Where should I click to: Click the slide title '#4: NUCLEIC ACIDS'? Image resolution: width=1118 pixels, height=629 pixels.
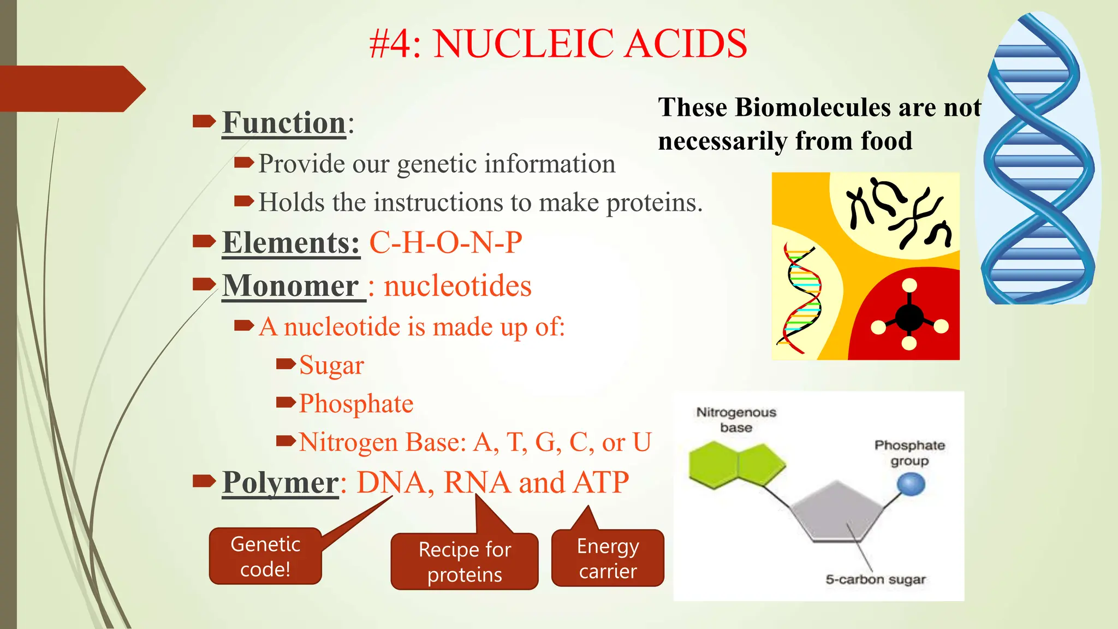point(558,44)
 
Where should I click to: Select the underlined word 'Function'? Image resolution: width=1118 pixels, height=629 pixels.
point(284,122)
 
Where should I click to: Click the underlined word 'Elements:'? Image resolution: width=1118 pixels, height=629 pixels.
point(291,242)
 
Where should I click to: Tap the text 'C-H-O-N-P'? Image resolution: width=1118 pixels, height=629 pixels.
point(445,242)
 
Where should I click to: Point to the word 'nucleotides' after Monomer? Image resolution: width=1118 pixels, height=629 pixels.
point(457,286)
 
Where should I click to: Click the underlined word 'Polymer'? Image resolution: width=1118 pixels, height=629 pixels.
point(281,483)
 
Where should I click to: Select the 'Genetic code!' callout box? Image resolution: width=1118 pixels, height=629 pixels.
point(265,556)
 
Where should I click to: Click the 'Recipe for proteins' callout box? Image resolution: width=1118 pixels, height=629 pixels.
point(465,562)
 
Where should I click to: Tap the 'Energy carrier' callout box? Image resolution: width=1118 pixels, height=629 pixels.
point(608,558)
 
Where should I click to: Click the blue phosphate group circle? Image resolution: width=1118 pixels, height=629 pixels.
point(911,484)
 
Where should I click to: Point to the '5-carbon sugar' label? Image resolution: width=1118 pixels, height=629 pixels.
point(876,579)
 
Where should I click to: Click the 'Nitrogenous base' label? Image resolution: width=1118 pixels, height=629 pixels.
point(736,419)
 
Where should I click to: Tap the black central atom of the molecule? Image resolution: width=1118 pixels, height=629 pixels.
point(909,317)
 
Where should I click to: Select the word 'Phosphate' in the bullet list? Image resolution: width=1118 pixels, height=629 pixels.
point(356,404)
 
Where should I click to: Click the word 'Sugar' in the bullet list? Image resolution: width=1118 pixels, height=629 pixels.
point(331,365)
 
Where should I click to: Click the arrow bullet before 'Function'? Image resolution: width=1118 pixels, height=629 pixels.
point(204,121)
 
